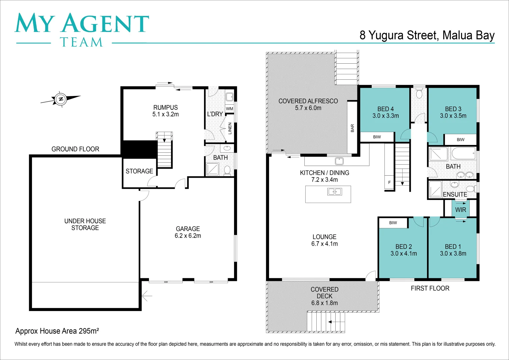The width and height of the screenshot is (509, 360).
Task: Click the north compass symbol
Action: (61, 99)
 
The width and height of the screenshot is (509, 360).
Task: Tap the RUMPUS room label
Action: (165, 111)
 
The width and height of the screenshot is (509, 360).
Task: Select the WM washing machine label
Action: (229, 109)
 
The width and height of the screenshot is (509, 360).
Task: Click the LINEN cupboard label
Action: (230, 128)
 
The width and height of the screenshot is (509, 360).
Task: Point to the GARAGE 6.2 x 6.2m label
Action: (188, 232)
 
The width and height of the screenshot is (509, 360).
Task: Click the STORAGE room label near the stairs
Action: (139, 171)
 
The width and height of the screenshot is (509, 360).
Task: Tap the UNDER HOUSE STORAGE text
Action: (85, 224)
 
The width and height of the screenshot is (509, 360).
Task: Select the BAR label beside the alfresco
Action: (352, 128)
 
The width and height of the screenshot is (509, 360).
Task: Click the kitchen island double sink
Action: (334, 192)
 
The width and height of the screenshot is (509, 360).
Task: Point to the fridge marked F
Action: (389, 182)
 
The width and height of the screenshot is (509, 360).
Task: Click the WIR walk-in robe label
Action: (461, 210)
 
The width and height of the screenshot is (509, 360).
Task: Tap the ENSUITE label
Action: (455, 194)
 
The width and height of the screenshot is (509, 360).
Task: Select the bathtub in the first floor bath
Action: (463, 154)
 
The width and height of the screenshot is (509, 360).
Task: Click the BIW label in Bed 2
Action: (393, 223)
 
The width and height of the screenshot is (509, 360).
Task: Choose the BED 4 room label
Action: (385, 112)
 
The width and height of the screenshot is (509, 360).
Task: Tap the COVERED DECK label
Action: (324, 296)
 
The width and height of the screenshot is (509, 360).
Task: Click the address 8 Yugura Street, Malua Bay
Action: (427, 35)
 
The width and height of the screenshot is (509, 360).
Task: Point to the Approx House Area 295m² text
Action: (57, 331)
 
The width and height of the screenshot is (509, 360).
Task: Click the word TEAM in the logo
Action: (81, 42)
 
